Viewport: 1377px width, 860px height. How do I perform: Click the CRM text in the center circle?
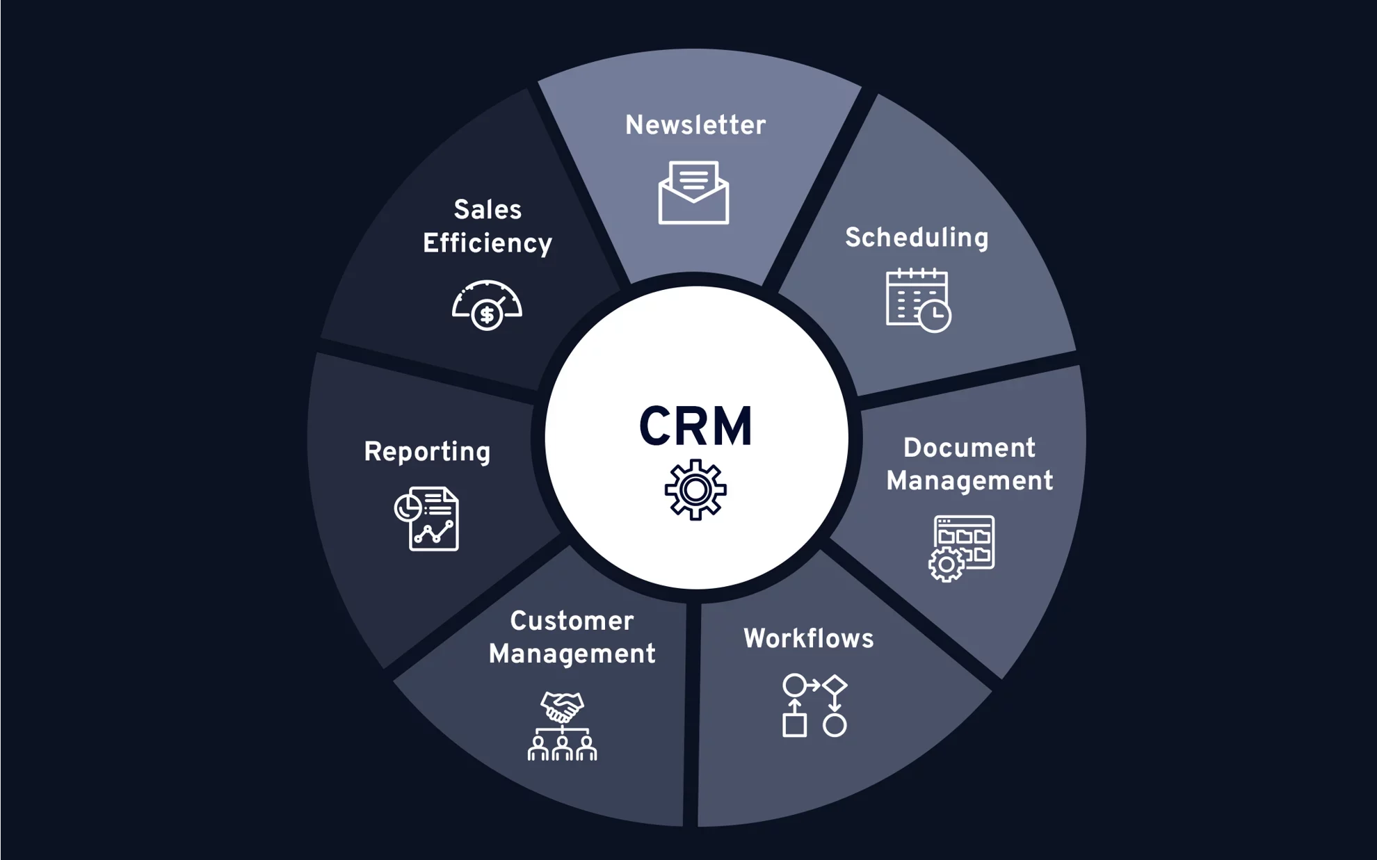point(695,427)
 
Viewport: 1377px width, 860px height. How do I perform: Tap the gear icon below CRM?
point(695,490)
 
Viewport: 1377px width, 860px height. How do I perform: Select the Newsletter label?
point(695,126)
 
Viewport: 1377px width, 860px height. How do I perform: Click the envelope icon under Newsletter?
point(693,193)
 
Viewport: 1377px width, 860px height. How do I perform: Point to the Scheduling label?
point(917,238)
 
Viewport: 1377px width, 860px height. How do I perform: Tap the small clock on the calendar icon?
point(935,316)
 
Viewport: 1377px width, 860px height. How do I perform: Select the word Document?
point(969,448)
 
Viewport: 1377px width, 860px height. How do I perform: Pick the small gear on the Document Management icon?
point(946,565)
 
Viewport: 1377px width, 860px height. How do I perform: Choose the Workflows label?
point(808,639)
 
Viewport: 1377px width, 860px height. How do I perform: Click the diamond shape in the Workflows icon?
point(835,685)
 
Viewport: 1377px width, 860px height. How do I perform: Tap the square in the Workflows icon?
point(794,725)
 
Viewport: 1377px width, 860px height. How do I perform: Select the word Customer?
point(572,622)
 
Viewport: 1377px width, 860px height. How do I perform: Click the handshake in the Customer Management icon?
point(562,707)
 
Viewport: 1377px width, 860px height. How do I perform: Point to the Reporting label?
point(427,453)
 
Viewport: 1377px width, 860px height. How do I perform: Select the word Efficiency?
point(487,244)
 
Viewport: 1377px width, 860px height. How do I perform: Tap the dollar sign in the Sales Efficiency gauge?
point(487,316)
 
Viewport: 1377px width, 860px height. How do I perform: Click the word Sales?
point(488,210)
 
